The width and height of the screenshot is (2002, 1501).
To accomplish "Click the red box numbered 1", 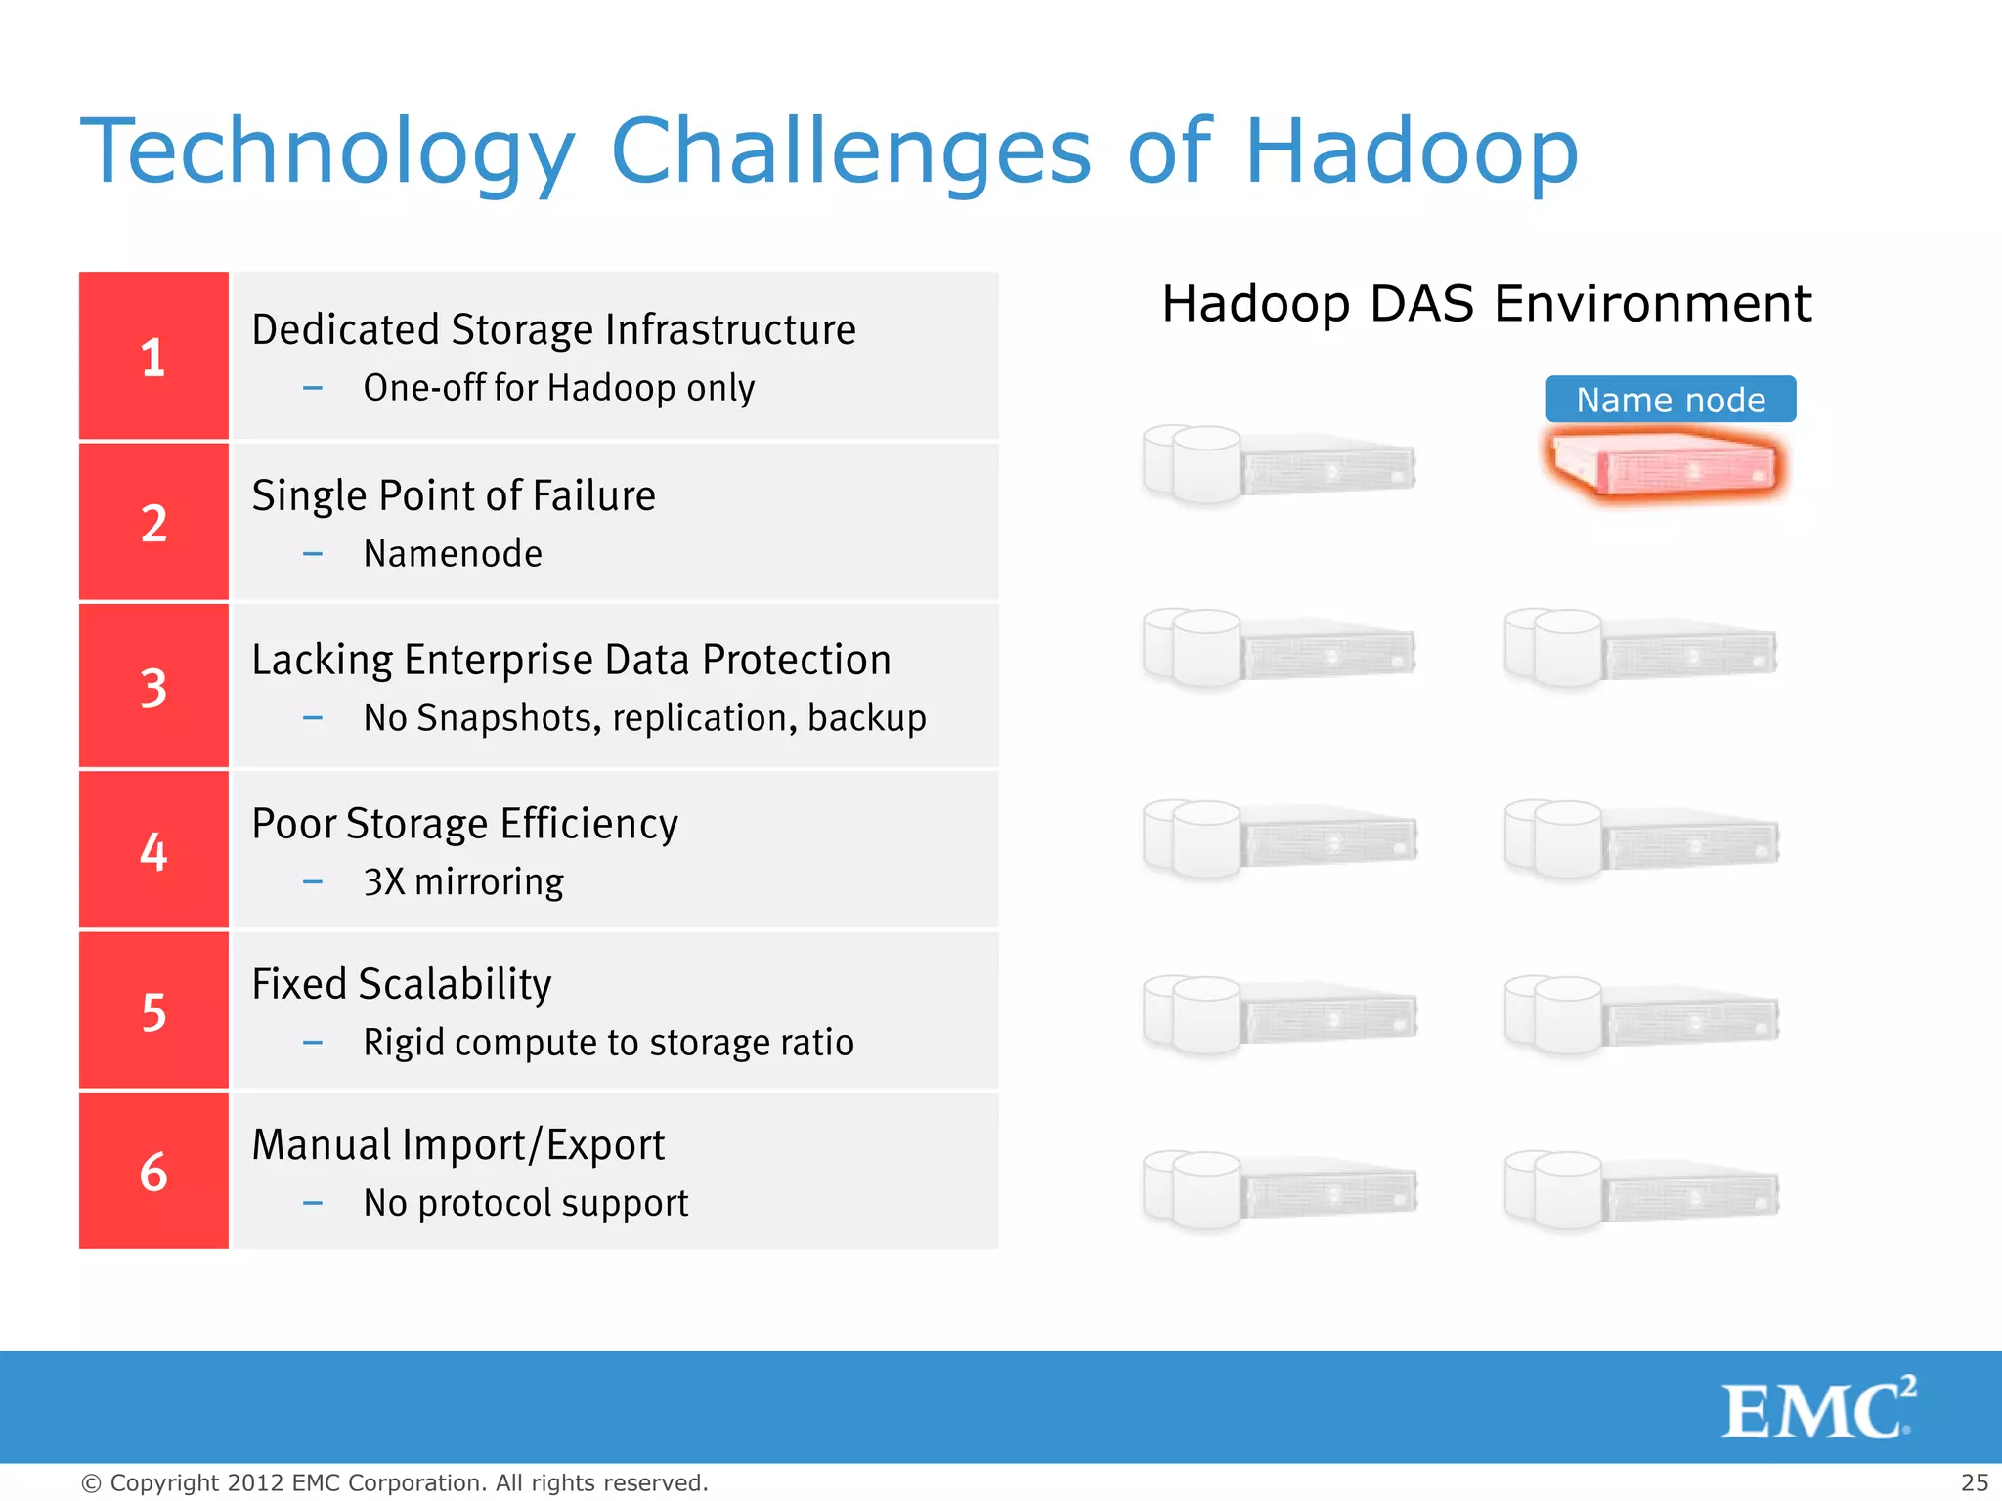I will pyautogui.click(x=153, y=356).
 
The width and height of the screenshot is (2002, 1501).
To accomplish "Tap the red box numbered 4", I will pyautogui.click(x=153, y=850).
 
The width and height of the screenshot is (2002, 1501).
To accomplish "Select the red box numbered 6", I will pyautogui.click(x=153, y=1171).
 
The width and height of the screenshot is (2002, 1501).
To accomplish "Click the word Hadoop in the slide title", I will pyautogui.click(x=1411, y=151).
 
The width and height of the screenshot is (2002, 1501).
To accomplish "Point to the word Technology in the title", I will pyautogui.click(x=327, y=151).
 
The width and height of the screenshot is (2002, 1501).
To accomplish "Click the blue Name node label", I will pyautogui.click(x=1670, y=400).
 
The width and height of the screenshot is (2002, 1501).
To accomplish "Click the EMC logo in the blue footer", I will pyautogui.click(x=1817, y=1408).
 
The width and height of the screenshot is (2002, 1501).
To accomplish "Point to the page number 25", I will pyautogui.click(x=1974, y=1482).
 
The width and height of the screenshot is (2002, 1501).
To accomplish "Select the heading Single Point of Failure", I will pyautogui.click(x=454, y=495).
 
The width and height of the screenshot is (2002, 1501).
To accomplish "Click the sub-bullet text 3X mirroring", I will pyautogui.click(x=463, y=881).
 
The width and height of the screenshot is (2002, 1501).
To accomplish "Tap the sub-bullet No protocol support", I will pyautogui.click(x=526, y=1203).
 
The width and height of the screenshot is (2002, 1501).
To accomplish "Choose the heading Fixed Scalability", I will pyautogui.click(x=402, y=984).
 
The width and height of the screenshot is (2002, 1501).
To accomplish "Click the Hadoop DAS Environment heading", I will pyautogui.click(x=1486, y=303).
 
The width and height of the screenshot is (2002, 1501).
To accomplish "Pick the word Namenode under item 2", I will pyautogui.click(x=453, y=554).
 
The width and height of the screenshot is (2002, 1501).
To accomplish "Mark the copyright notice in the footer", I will pyautogui.click(x=394, y=1482).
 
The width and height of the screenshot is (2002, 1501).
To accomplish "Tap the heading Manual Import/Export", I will pyautogui.click(x=458, y=1144).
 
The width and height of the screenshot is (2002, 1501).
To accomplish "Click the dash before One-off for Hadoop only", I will pyautogui.click(x=313, y=389).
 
